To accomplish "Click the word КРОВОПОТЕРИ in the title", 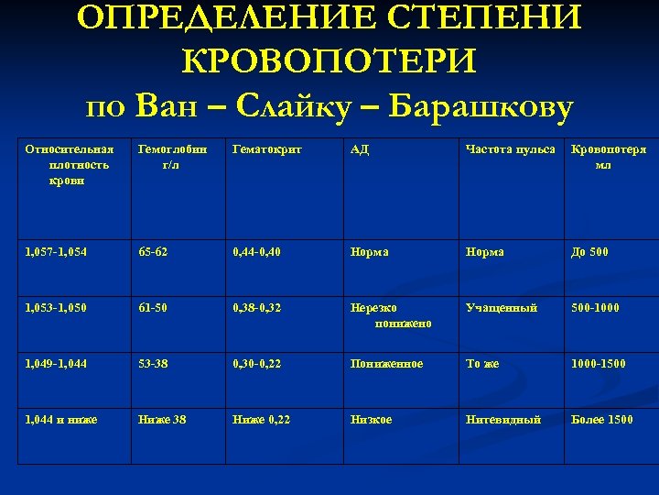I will [329, 63].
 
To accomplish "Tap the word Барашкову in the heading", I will [481, 106].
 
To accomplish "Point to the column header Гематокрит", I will [267, 149].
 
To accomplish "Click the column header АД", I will [360, 149].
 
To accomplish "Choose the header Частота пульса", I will [510, 149].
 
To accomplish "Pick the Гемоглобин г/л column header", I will [172, 157].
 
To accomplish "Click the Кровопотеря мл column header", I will [608, 157].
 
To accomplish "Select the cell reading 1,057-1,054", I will [57, 252].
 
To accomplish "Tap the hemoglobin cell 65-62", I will [155, 252].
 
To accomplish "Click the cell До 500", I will [589, 252].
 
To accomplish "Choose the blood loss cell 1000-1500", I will [599, 364].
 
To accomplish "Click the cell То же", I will [483, 364].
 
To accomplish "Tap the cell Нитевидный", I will [503, 420].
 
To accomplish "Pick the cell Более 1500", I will [601, 420].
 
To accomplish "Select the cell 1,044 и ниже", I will [62, 420].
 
